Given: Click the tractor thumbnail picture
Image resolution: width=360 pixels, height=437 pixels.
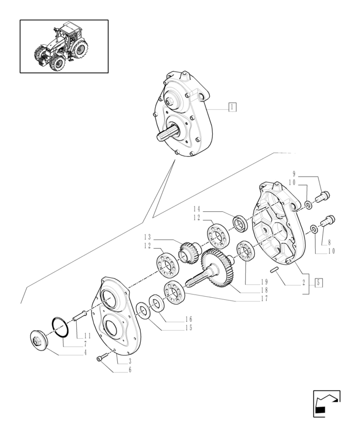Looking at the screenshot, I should (64, 46).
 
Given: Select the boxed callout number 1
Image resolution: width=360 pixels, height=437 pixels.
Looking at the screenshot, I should (232, 107).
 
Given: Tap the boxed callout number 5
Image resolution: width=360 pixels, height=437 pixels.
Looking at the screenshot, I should (318, 282).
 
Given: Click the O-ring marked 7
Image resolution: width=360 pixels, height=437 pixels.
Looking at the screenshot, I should (60, 326).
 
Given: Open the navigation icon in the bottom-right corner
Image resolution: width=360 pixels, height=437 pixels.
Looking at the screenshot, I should (326, 403).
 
